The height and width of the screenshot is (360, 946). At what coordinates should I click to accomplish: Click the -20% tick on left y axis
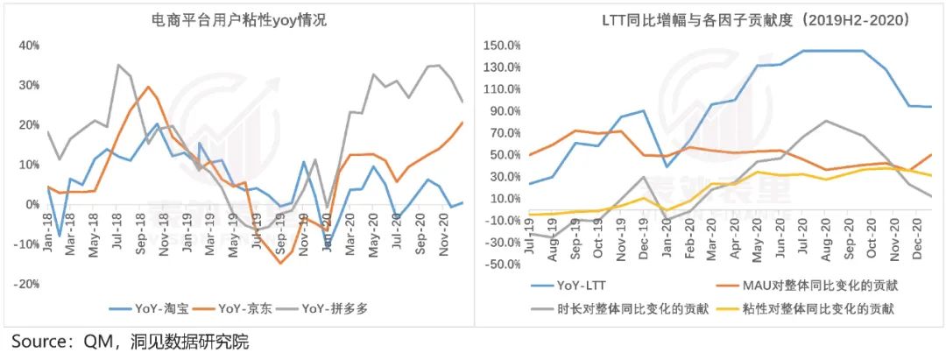[26, 284]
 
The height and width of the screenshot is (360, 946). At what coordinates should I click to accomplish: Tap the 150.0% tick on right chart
[503, 45]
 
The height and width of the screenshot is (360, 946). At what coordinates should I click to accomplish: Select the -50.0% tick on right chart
[503, 265]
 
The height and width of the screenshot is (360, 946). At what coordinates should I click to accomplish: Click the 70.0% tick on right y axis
[505, 133]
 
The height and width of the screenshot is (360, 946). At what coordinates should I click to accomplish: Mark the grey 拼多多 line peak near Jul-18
[118, 64]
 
